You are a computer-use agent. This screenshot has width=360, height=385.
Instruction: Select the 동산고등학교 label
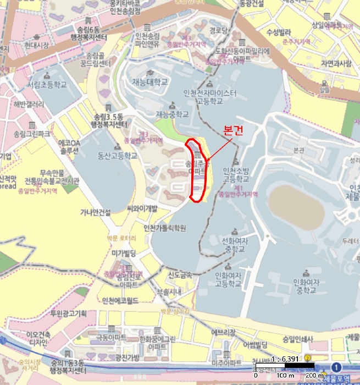(x=117, y=156)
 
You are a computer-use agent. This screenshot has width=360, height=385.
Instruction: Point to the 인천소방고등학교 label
(x=236, y=174)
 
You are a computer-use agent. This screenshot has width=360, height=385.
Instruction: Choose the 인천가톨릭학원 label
(x=164, y=228)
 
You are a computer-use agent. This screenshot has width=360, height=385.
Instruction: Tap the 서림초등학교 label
(x=47, y=85)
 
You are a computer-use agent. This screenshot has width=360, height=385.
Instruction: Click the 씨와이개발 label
(x=142, y=208)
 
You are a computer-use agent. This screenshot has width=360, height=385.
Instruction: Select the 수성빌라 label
(x=278, y=32)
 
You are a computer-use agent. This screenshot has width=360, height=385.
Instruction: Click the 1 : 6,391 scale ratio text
(x=285, y=359)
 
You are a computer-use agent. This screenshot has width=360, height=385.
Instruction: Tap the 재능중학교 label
(x=172, y=114)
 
